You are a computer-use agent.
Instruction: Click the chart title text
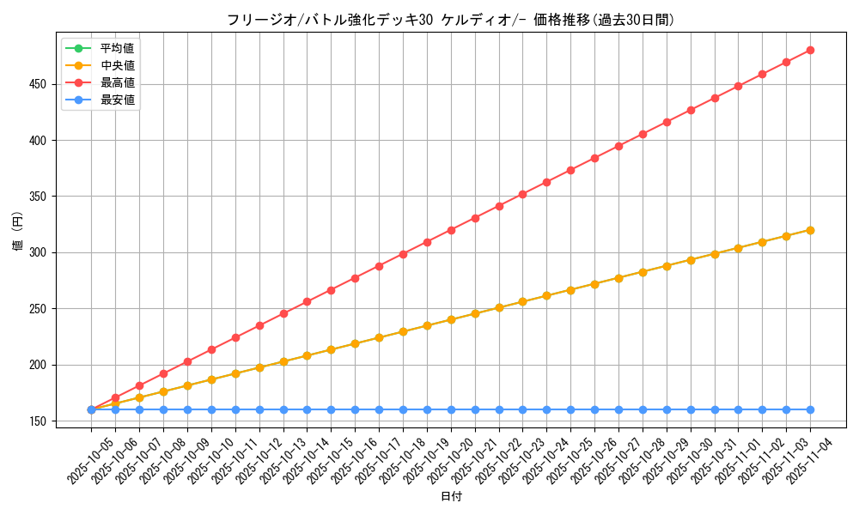(451, 20)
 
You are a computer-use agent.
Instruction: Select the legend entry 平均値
(117, 48)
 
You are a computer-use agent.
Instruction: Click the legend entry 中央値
(117, 65)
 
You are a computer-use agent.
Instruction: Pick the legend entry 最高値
(117, 82)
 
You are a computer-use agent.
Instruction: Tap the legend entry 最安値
(117, 100)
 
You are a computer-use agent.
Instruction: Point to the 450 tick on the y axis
(38, 84)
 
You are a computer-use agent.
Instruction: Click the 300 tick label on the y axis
(38, 252)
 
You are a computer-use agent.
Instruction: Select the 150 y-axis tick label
(38, 421)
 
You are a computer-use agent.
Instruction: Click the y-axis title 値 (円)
(18, 231)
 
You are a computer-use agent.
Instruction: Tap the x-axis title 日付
(451, 497)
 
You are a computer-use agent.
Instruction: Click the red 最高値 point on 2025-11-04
(810, 50)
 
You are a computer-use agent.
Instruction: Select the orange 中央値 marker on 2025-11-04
(810, 230)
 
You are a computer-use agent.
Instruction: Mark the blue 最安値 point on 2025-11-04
(810, 409)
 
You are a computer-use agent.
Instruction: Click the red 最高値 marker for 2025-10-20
(451, 230)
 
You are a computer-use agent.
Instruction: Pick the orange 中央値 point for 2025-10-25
(570, 290)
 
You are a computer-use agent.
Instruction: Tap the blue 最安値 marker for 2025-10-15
(331, 409)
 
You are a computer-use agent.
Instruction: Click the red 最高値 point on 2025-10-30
(691, 110)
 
